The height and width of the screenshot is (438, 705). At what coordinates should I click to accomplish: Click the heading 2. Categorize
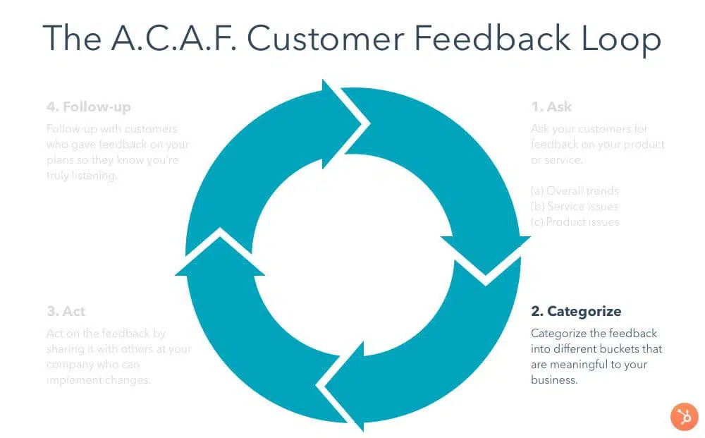click(x=575, y=311)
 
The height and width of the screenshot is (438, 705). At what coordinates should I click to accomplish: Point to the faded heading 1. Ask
click(x=551, y=107)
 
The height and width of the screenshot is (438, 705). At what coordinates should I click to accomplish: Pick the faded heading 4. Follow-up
click(x=88, y=107)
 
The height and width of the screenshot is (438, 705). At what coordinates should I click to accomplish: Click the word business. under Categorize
click(x=554, y=379)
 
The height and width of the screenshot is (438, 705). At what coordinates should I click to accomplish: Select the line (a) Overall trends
click(x=574, y=190)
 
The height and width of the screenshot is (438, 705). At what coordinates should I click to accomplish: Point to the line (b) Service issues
click(x=574, y=206)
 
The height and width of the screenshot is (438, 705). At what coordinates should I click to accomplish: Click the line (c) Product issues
click(x=574, y=221)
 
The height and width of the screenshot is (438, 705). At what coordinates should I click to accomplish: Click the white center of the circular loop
click(x=352, y=254)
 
